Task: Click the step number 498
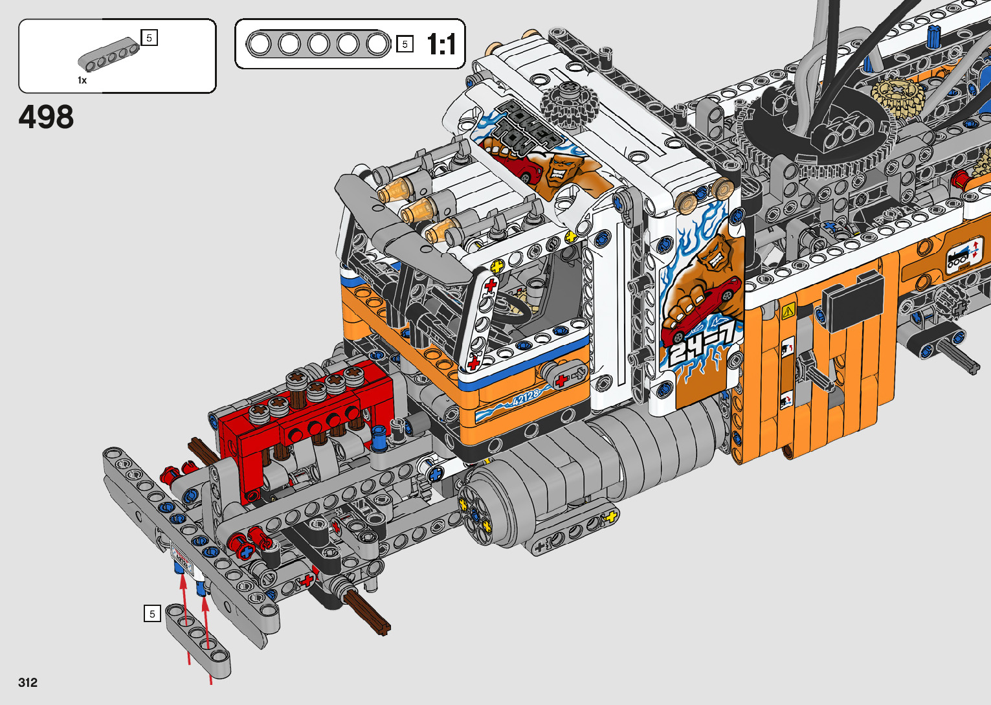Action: (46, 117)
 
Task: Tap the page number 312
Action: (28, 682)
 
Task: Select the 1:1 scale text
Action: (441, 44)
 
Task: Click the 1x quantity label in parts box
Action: (82, 80)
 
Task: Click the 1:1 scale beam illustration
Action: (318, 44)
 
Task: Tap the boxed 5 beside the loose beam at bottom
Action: (152, 614)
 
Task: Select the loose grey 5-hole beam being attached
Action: (198, 641)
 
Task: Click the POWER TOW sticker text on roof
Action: (526, 127)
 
